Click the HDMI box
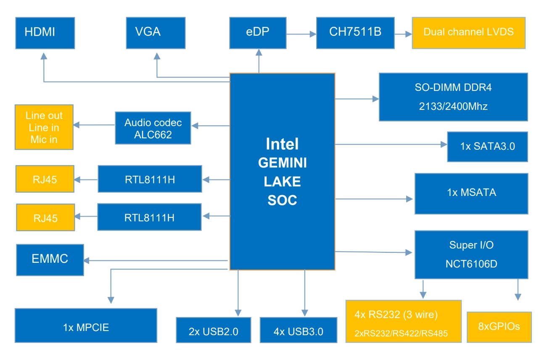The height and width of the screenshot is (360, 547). pyautogui.click(x=45, y=33)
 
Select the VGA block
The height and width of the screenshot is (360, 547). pyautogui.click(x=156, y=33)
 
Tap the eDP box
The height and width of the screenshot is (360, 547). pyautogui.click(x=258, y=33)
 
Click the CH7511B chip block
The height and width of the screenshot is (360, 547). pyautogui.click(x=355, y=33)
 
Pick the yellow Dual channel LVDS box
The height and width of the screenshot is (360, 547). pyautogui.click(x=468, y=33)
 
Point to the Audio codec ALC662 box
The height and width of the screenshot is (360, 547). pyautogui.click(x=153, y=128)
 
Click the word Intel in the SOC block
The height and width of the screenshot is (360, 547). pyautogui.click(x=282, y=144)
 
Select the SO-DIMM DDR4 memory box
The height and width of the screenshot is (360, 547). pyautogui.click(x=453, y=97)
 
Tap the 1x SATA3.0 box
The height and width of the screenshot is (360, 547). pyautogui.click(x=487, y=147)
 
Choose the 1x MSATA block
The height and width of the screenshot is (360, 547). pyautogui.click(x=471, y=193)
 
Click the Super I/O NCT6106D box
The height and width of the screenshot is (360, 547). pyautogui.click(x=471, y=254)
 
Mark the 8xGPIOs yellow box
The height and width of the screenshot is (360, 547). pyautogui.click(x=499, y=327)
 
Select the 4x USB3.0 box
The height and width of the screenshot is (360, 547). pyautogui.click(x=299, y=330)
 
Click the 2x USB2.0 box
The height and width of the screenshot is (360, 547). pyautogui.click(x=214, y=330)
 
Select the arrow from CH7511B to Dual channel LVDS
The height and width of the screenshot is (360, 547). pyautogui.click(x=403, y=33)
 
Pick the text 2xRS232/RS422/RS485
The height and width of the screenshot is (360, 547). pyautogui.click(x=401, y=334)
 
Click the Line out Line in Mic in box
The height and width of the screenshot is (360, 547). pyautogui.click(x=44, y=127)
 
